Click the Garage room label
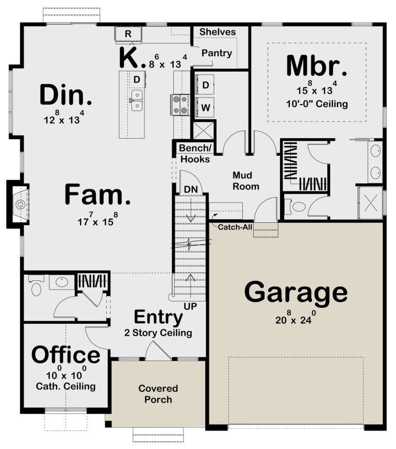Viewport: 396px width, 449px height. pyautogui.click(x=296, y=293)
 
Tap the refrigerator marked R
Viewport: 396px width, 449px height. pyautogui.click(x=128, y=35)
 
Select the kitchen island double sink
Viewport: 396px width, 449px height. pyautogui.click(x=137, y=100)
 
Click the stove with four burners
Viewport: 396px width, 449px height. pyautogui.click(x=180, y=105)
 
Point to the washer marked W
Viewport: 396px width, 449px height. pyautogui.click(x=205, y=107)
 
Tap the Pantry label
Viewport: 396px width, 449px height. pyautogui.click(x=217, y=53)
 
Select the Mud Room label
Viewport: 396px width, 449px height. pyautogui.click(x=245, y=181)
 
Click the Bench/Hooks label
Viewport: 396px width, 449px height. pyautogui.click(x=195, y=154)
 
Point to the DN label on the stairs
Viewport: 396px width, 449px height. pyautogui.click(x=191, y=189)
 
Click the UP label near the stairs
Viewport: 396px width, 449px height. pyautogui.click(x=190, y=306)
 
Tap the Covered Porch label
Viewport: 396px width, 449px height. pyautogui.click(x=158, y=394)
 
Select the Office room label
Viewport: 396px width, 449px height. pyautogui.click(x=65, y=355)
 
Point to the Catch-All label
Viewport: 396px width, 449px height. pyautogui.click(x=235, y=227)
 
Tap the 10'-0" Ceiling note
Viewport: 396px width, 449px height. pyautogui.click(x=317, y=104)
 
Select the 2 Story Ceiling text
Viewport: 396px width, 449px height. pyautogui.click(x=158, y=332)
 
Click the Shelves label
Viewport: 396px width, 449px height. pyautogui.click(x=218, y=32)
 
